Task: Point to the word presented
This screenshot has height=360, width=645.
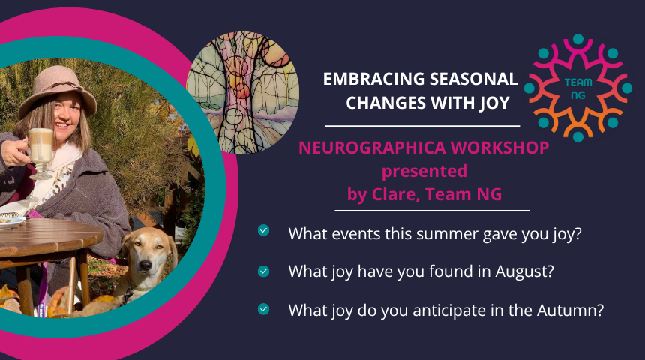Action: [x=424, y=172]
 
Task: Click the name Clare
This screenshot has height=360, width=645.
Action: [x=396, y=194]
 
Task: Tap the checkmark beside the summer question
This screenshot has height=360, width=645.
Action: [x=264, y=230]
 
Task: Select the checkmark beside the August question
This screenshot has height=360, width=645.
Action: [x=264, y=271]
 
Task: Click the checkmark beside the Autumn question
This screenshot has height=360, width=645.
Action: [x=264, y=309]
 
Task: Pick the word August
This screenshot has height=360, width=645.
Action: [x=524, y=272]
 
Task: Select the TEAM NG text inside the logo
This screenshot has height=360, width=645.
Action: [x=578, y=88]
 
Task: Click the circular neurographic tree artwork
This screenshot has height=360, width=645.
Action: [x=243, y=93]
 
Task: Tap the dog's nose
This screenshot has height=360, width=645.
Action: [x=145, y=265]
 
